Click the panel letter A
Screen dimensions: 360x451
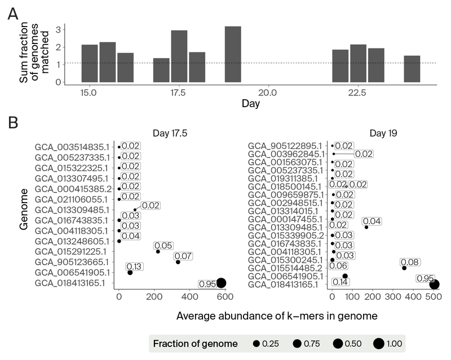click(13, 15)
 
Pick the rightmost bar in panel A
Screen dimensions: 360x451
click(412, 69)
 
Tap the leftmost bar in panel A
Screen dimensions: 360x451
click(90, 63)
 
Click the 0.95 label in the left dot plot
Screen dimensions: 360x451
click(207, 283)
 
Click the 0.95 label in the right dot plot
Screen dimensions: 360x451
click(425, 278)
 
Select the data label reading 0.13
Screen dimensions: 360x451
click(134, 266)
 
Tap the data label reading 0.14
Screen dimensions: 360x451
click(341, 282)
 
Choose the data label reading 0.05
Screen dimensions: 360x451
click(163, 245)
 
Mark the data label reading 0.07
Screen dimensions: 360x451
click(183, 256)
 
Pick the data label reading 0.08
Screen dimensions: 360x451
click(409, 262)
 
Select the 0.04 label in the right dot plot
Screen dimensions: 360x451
click(372, 221)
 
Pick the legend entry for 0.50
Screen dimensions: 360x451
click(337, 343)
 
